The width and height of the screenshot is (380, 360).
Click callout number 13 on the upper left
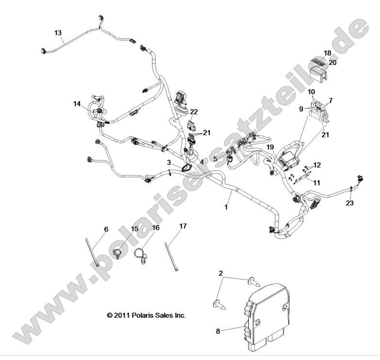click(x=58, y=33)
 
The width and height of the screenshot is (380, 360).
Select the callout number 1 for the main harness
click(x=225, y=207)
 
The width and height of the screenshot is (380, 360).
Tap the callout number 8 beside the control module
click(x=217, y=331)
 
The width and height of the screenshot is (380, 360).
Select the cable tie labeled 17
click(x=174, y=257)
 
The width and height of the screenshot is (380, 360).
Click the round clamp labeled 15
click(x=118, y=253)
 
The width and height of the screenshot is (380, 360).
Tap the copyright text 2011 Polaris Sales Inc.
click(x=146, y=315)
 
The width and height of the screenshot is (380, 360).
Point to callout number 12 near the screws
click(x=316, y=165)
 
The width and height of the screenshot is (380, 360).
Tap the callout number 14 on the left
click(x=77, y=103)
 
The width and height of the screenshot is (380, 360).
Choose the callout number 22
click(x=194, y=112)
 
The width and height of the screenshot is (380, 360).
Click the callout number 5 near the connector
click(x=215, y=158)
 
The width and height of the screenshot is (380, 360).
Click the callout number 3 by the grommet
click(x=168, y=163)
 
